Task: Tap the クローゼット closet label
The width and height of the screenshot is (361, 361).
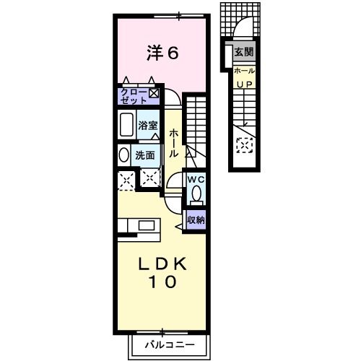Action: point(135,95)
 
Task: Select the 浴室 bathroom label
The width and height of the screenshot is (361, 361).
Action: point(149,125)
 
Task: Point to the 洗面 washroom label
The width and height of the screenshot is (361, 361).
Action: point(145,155)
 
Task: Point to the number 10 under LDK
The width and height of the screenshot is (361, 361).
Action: point(163,283)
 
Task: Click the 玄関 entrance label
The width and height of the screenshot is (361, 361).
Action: point(243,52)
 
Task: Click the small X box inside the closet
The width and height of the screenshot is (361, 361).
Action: point(153,92)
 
